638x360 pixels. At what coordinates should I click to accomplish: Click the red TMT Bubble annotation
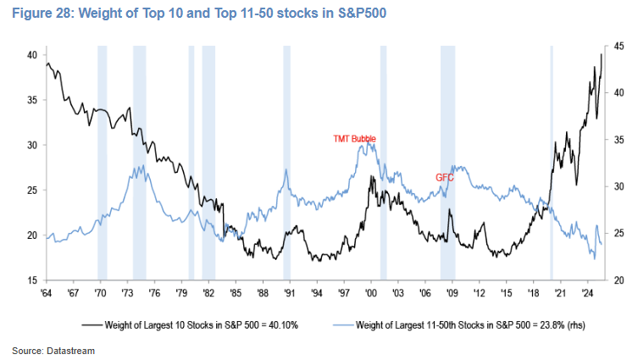point(354,137)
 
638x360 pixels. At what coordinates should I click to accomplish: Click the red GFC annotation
point(445,177)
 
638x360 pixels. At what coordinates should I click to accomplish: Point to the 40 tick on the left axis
point(32,55)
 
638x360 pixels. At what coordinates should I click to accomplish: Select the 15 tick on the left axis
point(32,280)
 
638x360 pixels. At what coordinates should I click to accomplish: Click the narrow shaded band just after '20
point(552,161)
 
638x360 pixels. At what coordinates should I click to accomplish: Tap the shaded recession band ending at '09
point(447,161)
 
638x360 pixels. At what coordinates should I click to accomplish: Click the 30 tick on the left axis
point(32,145)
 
